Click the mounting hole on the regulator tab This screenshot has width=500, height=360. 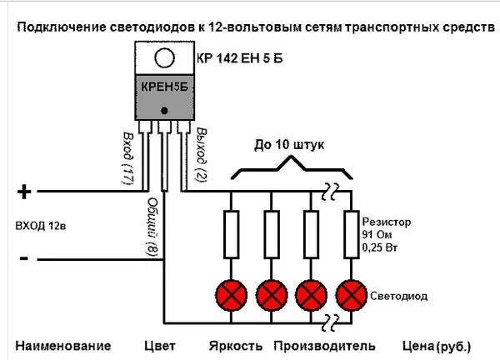pyautogui.click(x=165, y=58)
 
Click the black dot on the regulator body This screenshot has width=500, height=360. pyautogui.click(x=165, y=110)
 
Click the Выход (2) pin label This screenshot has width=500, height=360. pyautogui.click(x=201, y=155)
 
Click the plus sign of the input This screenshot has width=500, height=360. pyautogui.click(x=24, y=192)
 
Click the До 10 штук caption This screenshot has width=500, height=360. pyautogui.click(x=289, y=145)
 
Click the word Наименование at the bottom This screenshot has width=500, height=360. pyautogui.click(x=62, y=345)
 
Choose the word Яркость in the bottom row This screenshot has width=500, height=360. pyautogui.click(x=236, y=345)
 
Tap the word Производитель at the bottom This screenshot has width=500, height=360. pyautogui.click(x=324, y=345)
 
